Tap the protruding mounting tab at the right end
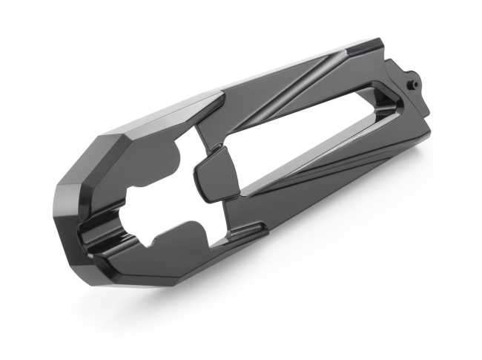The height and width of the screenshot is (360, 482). coord(412,82)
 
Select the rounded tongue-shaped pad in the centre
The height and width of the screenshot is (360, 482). coord(214,173)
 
